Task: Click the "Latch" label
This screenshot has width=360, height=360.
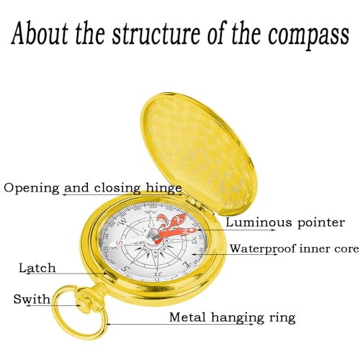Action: [37, 268]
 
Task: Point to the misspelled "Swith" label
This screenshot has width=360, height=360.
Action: [32, 299]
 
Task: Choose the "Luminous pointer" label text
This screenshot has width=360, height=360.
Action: [285, 222]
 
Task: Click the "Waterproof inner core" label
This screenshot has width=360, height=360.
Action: [294, 248]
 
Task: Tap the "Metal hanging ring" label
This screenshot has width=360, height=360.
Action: [233, 318]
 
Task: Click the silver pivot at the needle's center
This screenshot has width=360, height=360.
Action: [154, 233]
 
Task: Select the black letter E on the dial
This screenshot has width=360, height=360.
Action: [186, 264]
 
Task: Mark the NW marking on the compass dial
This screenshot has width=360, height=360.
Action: [152, 212]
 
